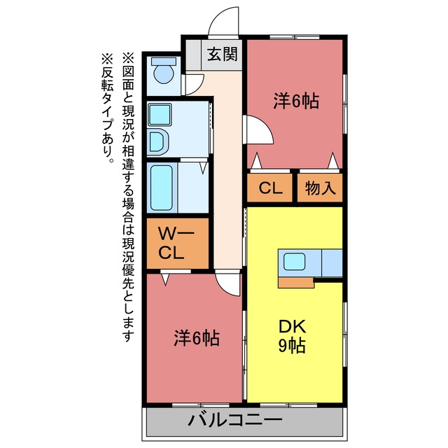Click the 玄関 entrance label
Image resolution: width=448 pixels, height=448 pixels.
pyautogui.click(x=223, y=54)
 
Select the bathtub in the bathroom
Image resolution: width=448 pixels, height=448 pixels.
pyautogui.click(x=162, y=188)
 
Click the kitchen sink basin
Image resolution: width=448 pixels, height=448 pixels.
pyautogui.click(x=294, y=261)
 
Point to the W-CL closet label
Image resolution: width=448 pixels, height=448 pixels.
pyautogui.click(x=176, y=244)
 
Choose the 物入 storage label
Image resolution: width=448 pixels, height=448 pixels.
pyautogui.click(x=320, y=188)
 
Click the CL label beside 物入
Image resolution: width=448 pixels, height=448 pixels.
pyautogui.click(x=270, y=188)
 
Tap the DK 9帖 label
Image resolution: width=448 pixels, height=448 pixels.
pyautogui.click(x=292, y=336)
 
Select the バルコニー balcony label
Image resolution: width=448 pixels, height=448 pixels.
pyautogui.click(x=235, y=420)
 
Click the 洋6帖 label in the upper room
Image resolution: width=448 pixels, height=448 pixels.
pyautogui.click(x=296, y=100)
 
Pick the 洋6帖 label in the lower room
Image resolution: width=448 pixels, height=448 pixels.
pyautogui.click(x=197, y=338)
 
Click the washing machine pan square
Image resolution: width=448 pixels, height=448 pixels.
pyautogui.click(x=160, y=115)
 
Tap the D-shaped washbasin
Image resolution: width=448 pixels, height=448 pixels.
pyautogui.click(x=158, y=142)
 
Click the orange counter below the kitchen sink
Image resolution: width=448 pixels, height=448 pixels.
pyautogui.click(x=296, y=282)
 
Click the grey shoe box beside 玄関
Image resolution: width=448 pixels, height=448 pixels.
pyautogui.click(x=193, y=55)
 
